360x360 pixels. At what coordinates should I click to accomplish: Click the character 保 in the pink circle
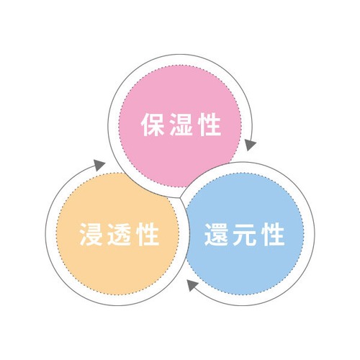pos(153,125)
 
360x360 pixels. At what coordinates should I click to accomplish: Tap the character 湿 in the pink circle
pos(181,125)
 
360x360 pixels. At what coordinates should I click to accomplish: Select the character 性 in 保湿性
pos(210,125)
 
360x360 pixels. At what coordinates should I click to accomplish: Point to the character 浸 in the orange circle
pos(91,235)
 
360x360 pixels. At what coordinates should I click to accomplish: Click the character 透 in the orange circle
pos(120,235)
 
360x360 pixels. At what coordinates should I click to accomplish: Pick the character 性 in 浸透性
pos(148,235)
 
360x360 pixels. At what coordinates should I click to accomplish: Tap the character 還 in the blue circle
pos(216,235)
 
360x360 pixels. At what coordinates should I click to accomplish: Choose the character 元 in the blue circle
pos(245,235)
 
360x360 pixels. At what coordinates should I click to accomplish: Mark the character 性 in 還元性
pos(274,235)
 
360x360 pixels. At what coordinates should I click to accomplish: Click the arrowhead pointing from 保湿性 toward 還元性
pos(251,145)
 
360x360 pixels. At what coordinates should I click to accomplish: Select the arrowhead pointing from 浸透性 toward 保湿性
pos(99,165)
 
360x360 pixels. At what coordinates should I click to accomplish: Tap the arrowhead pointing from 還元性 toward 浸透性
pos(192,285)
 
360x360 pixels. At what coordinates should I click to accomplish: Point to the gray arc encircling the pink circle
pos(179,55)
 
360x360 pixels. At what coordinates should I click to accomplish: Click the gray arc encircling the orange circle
pos(45,234)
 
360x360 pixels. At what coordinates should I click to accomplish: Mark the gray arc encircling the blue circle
pos(315,234)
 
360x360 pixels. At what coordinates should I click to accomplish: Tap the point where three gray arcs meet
pos(181,198)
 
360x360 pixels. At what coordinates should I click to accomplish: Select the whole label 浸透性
pos(120,235)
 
